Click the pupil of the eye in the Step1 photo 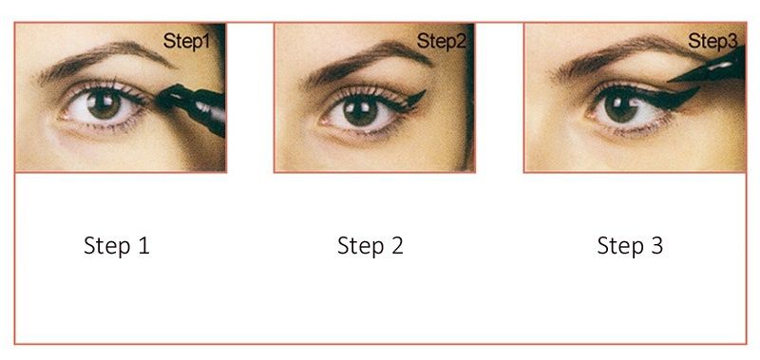pos(104,102)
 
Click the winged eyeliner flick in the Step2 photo pos(413,99)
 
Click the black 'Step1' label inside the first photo pos(186,41)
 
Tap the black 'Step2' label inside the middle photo pos(441,41)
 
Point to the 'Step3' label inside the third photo pos(712,41)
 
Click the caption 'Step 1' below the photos pos(117,246)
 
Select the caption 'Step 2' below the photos pos(370,246)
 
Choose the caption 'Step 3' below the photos pos(630,246)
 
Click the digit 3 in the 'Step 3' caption pos(656,245)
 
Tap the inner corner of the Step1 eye pos(62,117)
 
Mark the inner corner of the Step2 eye pos(321,122)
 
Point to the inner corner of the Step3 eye pos(588,116)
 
